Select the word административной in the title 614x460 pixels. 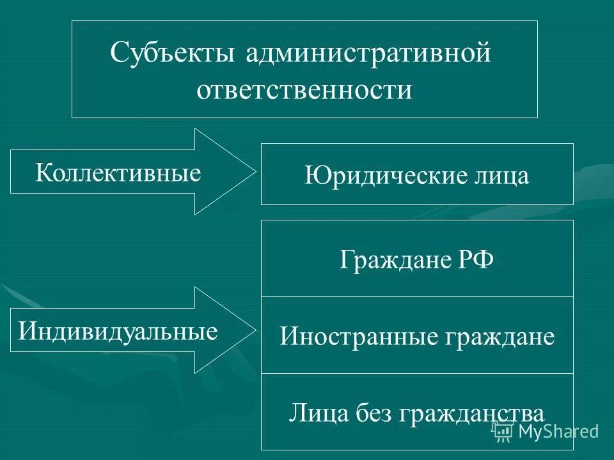pos(368,53)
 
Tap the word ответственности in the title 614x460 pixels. pos(304,89)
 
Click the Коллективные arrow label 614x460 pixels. pos(118,172)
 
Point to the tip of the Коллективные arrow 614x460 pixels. pos(255,171)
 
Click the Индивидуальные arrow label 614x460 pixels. pos(118,331)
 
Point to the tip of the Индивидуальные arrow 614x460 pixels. pos(255,330)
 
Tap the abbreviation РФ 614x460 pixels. pos(474,261)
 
